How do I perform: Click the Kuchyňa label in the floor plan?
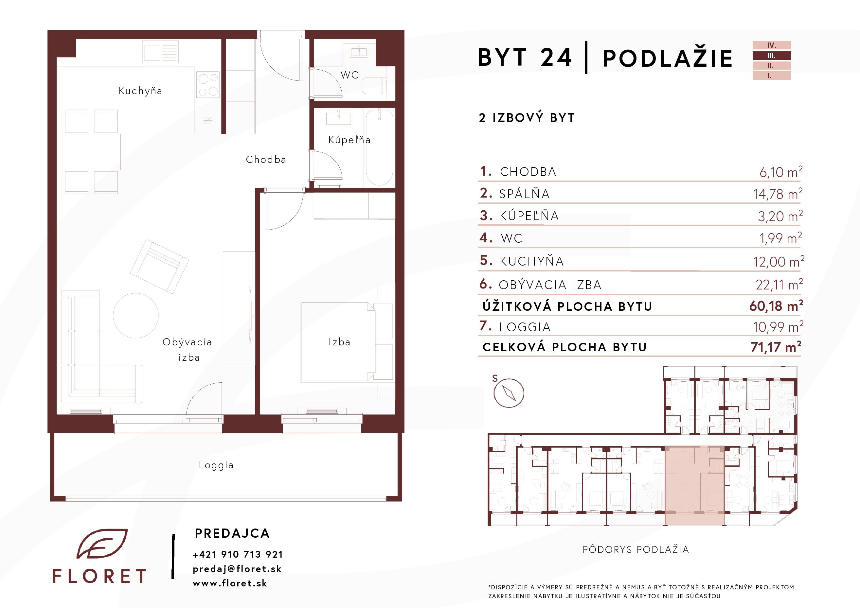point(140,91)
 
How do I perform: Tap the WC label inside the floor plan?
point(349,75)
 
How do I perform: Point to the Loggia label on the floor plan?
point(216,465)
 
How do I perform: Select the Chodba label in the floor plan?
point(266,160)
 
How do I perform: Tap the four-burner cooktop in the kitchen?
point(208,85)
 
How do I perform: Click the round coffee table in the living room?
point(135,316)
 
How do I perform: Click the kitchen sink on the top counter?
point(160,52)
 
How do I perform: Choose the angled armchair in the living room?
point(159,266)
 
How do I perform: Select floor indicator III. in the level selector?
point(772,55)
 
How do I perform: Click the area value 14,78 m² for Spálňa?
point(778,194)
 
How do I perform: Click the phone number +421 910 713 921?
point(238,554)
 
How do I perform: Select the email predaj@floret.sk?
point(237,569)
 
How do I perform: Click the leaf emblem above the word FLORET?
point(102,544)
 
